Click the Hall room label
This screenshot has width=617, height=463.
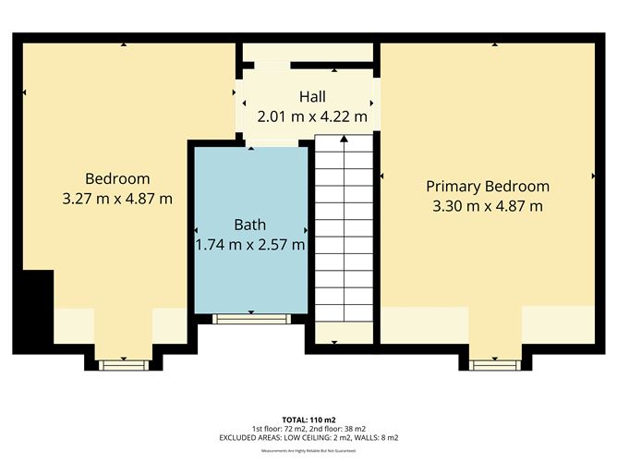tap(311, 97)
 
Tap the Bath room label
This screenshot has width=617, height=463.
tap(249, 225)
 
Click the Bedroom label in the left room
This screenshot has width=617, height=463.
tap(117, 178)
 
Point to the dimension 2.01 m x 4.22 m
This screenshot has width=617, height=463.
tap(311, 116)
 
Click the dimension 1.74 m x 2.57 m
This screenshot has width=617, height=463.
tap(249, 245)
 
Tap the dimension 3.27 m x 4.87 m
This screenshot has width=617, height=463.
tap(117, 198)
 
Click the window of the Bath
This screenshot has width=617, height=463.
tap(249, 319)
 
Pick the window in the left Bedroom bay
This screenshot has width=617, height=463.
tap(122, 365)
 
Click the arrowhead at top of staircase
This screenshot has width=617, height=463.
tap(345, 140)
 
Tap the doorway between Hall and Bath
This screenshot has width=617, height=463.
tap(272, 142)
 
